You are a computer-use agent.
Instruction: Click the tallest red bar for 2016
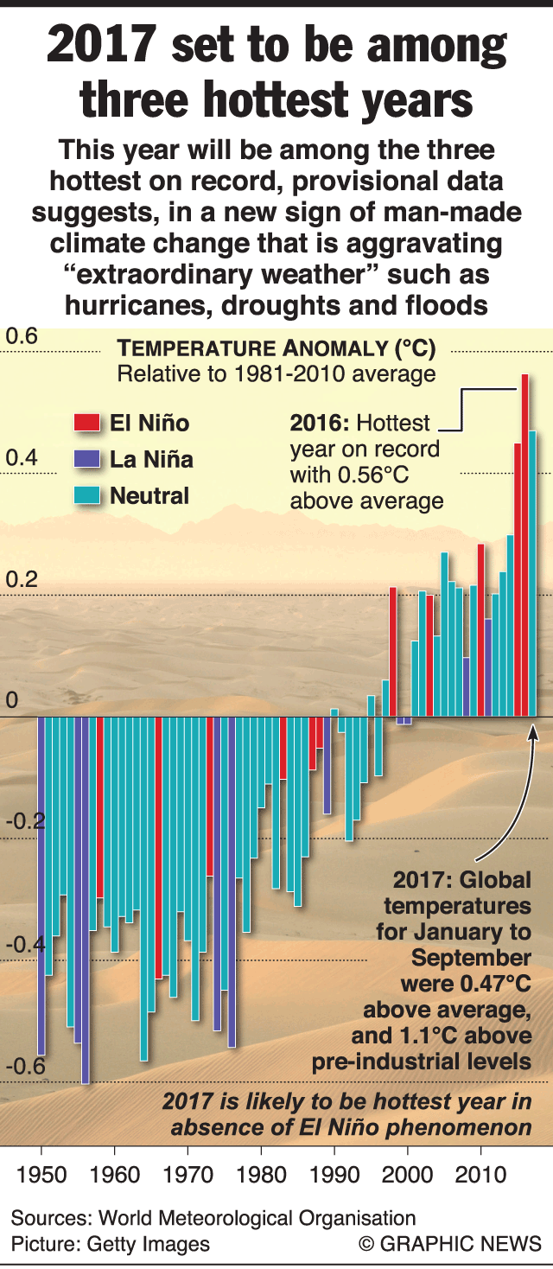tap(524, 545)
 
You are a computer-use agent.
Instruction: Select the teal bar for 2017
tap(532, 574)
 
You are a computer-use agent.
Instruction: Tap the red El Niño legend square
tap(86, 423)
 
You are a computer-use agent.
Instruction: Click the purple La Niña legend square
tap(86, 459)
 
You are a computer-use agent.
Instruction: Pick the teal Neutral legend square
tap(86, 495)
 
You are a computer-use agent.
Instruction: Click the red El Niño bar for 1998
tap(393, 652)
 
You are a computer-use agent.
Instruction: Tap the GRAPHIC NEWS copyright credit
tap(450, 1244)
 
